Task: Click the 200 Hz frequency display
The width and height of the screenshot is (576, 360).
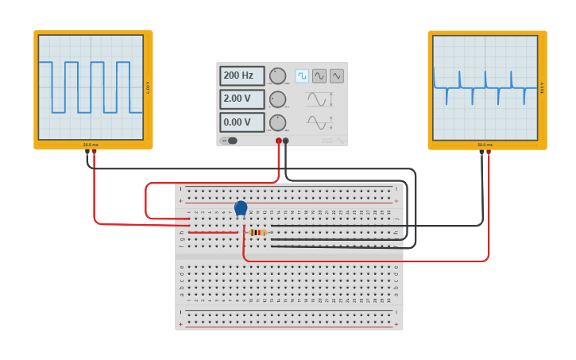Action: click(242, 75)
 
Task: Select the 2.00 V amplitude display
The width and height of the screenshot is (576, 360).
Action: click(242, 99)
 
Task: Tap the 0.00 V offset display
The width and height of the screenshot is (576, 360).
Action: click(242, 122)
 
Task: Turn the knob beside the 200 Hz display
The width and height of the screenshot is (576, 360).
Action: click(277, 75)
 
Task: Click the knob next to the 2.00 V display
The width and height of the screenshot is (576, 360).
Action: click(277, 99)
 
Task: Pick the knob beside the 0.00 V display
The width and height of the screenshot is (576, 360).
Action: click(277, 122)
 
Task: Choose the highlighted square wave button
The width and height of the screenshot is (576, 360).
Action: click(302, 75)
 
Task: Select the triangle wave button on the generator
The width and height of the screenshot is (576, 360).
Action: click(337, 75)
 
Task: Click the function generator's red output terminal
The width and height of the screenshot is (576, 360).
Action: click(279, 141)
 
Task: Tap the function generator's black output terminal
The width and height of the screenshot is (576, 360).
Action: click(286, 141)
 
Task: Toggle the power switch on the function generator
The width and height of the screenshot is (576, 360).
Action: click(230, 141)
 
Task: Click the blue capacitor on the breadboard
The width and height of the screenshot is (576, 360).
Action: click(241, 208)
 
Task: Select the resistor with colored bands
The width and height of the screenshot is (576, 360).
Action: click(257, 232)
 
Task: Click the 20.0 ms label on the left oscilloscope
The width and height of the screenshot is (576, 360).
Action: click(91, 145)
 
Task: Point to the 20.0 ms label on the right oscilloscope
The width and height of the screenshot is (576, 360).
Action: click(485, 145)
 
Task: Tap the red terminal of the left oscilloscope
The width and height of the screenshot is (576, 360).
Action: click(94, 151)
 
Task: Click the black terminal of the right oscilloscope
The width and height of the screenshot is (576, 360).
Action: click(481, 151)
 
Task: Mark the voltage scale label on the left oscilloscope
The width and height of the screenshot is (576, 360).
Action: click(148, 87)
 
